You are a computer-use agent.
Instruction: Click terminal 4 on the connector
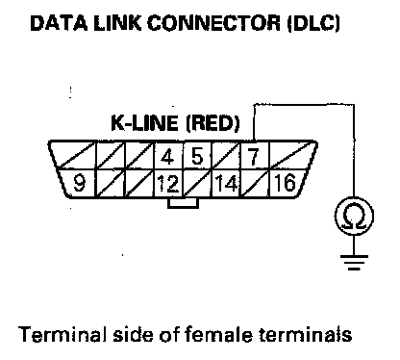click(168, 156)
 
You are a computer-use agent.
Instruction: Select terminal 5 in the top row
click(197, 156)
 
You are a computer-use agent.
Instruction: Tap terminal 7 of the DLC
click(254, 156)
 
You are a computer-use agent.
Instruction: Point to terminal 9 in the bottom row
click(79, 183)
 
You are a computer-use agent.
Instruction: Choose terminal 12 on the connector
click(168, 183)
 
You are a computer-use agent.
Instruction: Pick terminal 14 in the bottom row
click(226, 183)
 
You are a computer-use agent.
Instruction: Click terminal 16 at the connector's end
click(286, 183)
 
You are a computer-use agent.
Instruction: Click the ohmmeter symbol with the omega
click(354, 216)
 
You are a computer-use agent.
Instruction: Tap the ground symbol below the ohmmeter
click(354, 262)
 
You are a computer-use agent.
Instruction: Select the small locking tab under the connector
click(183, 203)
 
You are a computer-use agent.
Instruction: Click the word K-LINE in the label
click(144, 123)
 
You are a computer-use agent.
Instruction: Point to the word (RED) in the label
click(212, 123)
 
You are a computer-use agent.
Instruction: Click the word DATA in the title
click(59, 23)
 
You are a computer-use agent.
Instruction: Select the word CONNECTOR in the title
click(213, 23)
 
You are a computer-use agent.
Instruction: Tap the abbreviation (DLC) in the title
click(312, 23)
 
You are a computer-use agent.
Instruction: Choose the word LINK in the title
click(117, 23)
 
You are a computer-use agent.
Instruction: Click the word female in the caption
click(218, 334)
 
